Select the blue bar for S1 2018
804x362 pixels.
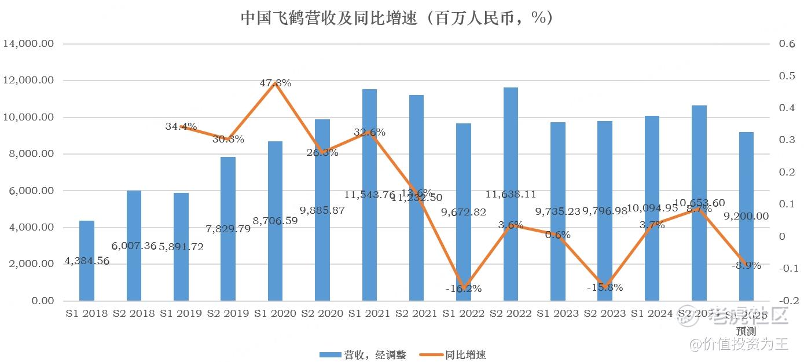[87, 261]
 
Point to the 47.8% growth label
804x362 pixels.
[275, 83]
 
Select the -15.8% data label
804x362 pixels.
[605, 287]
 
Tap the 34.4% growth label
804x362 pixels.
[181, 126]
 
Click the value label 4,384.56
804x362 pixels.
[87, 261]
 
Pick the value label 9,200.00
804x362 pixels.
[746, 216]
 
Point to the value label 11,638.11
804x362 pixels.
[511, 195]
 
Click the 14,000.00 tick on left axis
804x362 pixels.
[29, 44]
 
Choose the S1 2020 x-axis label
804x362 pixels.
[275, 313]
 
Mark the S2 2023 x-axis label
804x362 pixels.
[605, 313]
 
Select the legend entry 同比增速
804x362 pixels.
[457, 355]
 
